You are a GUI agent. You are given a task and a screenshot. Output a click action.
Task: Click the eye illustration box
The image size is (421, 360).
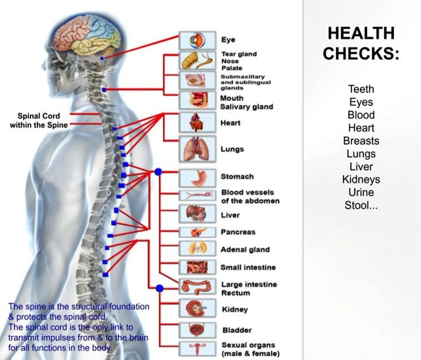pos(198,40)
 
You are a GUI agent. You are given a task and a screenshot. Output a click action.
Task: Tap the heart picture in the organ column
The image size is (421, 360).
pos(198,123)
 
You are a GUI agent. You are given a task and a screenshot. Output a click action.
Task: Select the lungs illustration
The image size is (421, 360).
pos(198,149)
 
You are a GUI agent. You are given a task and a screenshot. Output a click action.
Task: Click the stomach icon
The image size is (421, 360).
pos(198,178)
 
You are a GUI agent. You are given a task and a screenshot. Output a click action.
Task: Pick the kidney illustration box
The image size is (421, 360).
pos(198,309)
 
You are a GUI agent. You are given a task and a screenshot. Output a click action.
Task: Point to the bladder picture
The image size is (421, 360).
pos(198,330)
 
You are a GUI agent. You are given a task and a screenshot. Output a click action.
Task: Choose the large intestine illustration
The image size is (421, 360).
pos(198,287)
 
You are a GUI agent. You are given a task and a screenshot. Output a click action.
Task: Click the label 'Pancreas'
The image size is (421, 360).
pos(238,232)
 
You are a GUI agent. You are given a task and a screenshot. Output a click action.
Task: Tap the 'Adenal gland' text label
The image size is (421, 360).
pos(245,249)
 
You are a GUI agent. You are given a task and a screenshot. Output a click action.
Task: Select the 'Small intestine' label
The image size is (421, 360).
pos(248,267)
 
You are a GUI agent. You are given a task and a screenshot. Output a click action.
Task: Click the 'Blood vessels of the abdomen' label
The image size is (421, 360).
pos(250,197)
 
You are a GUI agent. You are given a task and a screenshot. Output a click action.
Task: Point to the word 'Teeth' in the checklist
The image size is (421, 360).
pos(361,89)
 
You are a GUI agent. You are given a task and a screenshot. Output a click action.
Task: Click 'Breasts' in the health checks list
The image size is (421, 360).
pos(361,141)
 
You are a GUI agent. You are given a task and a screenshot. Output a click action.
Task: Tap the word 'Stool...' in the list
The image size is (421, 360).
pos(361,205)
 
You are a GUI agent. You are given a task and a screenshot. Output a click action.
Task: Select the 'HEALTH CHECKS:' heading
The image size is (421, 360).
pos(361,43)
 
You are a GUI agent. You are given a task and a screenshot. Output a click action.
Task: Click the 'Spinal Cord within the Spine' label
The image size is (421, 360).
pos(38,120)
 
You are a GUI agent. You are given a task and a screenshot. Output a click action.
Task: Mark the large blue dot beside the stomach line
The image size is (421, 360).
pos(158,172)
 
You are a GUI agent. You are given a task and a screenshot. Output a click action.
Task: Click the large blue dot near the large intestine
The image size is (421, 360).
pos(159,288)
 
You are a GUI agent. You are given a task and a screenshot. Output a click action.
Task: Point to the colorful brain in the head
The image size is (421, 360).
pos(87,34)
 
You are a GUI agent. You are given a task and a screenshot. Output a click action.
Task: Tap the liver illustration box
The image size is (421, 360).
pos(198,214)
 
